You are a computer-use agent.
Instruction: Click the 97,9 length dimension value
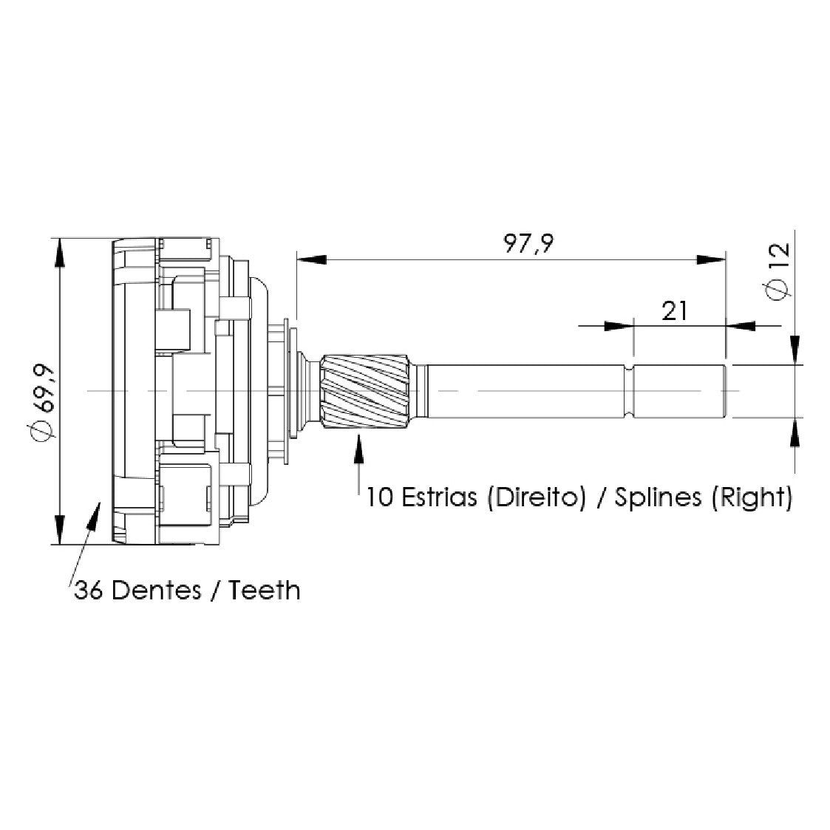pos(528,243)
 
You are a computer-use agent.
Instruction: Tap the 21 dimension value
pos(674,311)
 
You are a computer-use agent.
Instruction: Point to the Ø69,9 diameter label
pos(43,401)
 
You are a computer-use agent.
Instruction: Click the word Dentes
pos(157,591)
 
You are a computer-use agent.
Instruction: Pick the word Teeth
pos(264,591)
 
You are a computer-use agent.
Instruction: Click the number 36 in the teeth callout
pos(88,591)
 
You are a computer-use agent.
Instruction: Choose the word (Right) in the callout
pos(752,498)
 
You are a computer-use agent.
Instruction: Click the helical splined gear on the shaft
pos(365,391)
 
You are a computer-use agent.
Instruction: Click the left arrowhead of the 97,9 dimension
pos(311,259)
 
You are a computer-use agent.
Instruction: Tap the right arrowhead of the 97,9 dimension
pos(711,259)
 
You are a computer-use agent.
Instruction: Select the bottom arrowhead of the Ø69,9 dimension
pos(61,529)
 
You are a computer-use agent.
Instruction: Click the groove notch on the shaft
pos(630,391)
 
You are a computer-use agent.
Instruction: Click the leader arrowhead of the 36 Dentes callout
pos(93,514)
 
